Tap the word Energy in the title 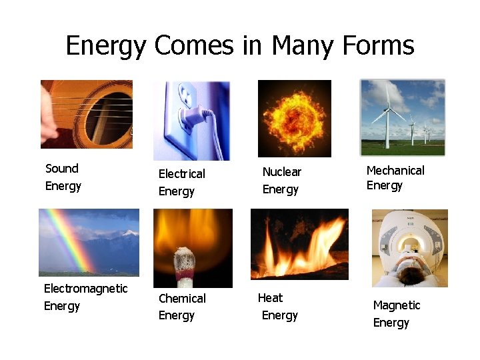tap(105, 46)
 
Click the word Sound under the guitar tap(62, 169)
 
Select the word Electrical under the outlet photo tap(181, 174)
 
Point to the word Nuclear tap(282, 172)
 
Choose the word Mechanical tap(395, 171)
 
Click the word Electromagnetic tap(85, 289)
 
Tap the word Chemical tap(182, 299)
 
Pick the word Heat tap(270, 298)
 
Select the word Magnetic tap(397, 305)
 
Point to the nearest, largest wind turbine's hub tap(387, 108)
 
